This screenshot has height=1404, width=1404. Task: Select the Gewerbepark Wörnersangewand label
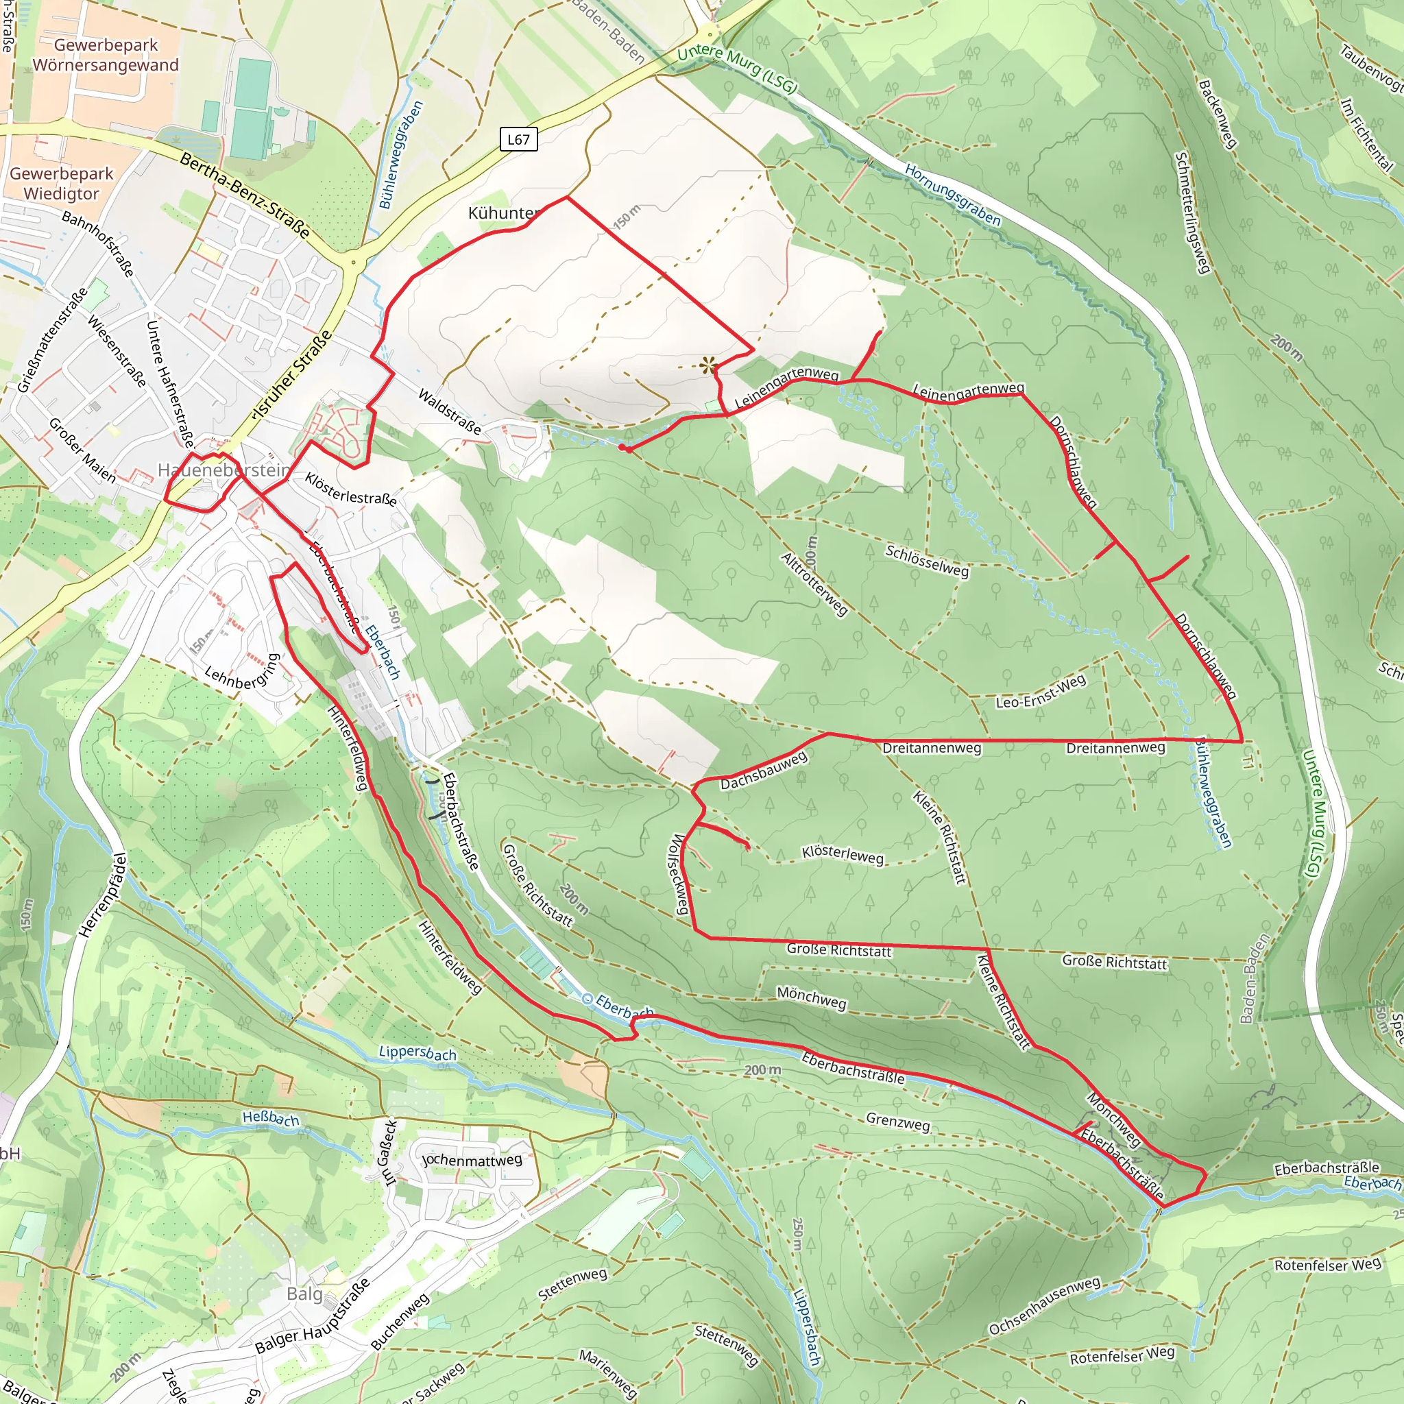(106, 56)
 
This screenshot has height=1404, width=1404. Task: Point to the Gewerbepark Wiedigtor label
(61, 183)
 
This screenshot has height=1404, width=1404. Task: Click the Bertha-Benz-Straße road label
(245, 195)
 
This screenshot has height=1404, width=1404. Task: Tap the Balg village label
(304, 1294)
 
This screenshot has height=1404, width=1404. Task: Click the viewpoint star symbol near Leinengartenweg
(707, 365)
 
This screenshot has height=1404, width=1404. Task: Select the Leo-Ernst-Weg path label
(1041, 691)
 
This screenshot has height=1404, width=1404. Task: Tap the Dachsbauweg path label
(764, 771)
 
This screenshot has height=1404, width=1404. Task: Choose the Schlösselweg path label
(927, 561)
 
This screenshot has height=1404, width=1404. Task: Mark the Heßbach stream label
(270, 1117)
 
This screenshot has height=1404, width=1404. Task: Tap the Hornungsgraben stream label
(952, 195)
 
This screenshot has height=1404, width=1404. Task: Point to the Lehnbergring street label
(243, 673)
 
